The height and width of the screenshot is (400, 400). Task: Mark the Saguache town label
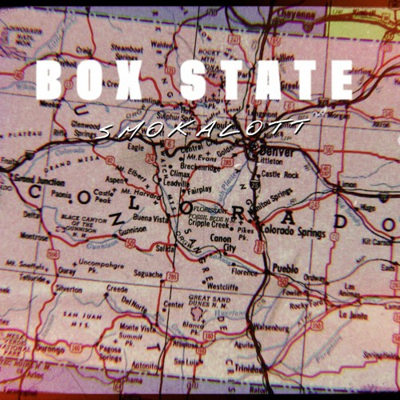click(147, 274)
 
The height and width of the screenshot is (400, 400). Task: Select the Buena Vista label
click(153, 218)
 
